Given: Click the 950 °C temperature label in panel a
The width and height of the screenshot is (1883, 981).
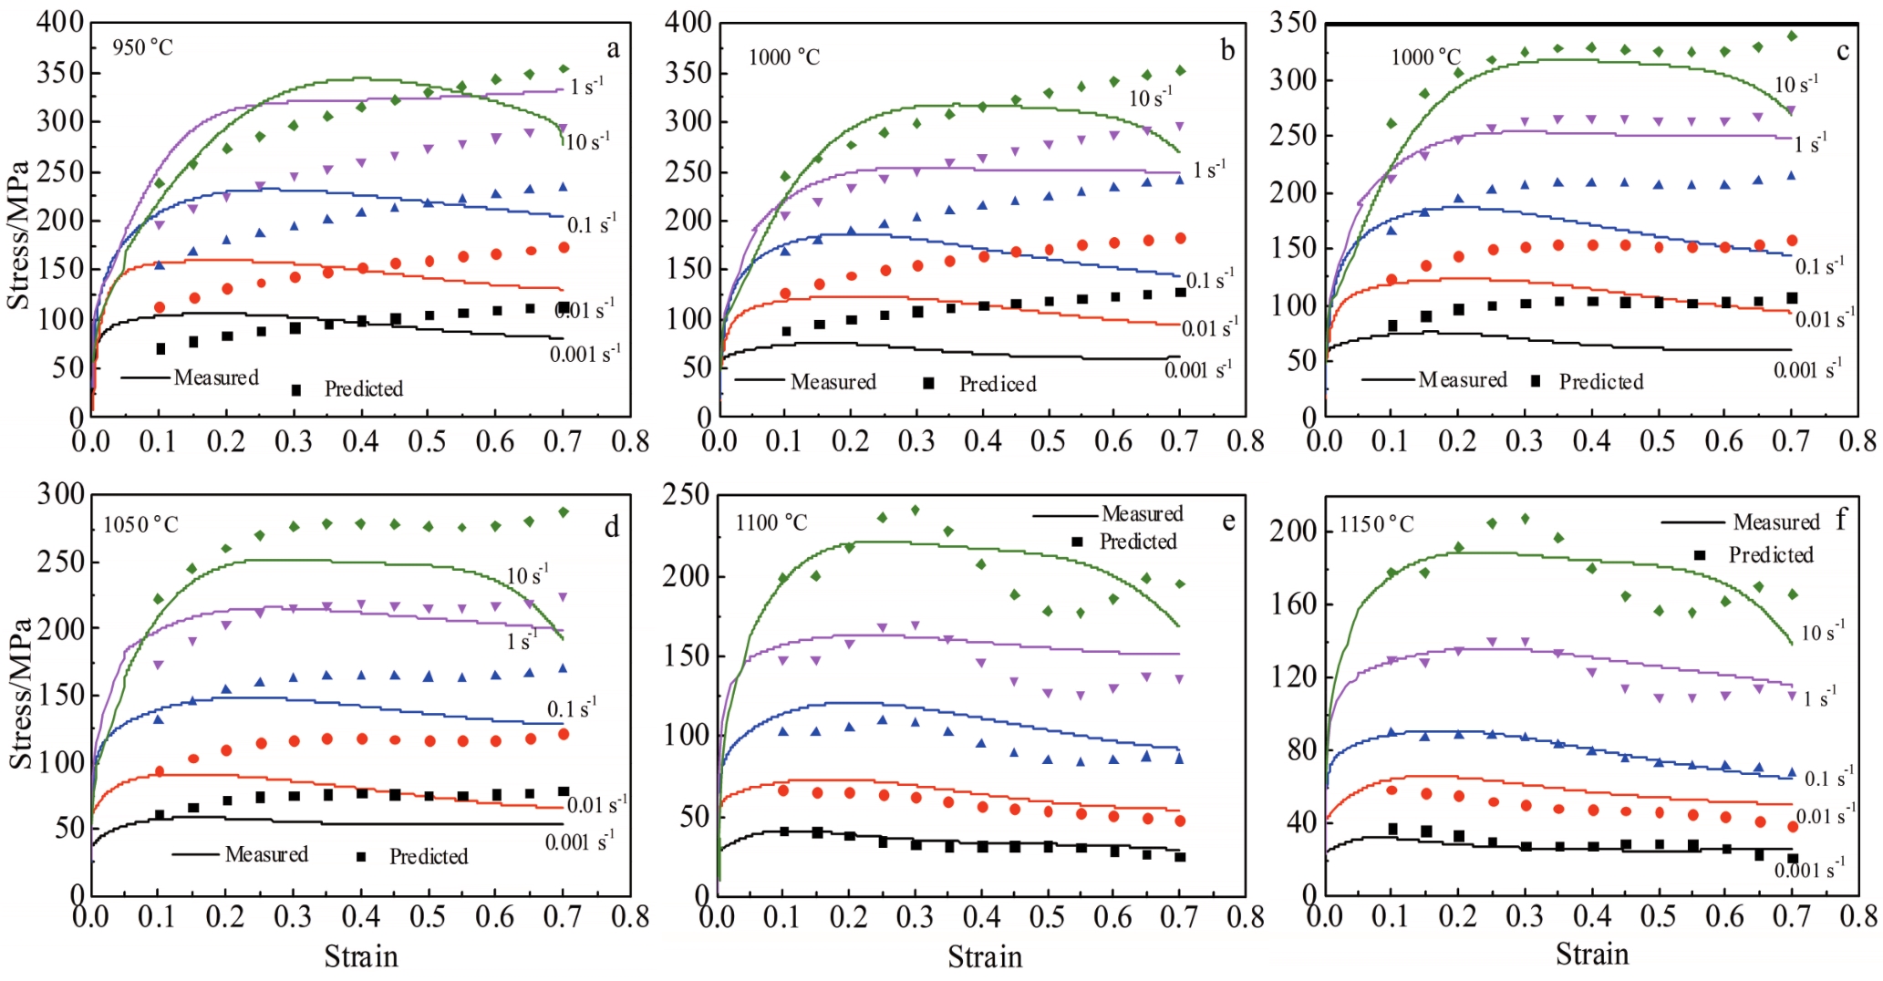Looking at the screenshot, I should [x=142, y=47].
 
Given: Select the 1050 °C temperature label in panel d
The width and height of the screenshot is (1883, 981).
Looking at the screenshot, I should [x=140, y=524].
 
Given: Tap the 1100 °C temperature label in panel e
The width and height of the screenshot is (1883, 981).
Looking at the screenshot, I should [x=771, y=523].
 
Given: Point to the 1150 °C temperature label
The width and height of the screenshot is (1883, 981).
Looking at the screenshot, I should [x=1376, y=524].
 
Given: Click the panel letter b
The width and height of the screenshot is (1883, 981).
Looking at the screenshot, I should [x=1227, y=50].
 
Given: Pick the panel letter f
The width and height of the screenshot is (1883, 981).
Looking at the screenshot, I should [x=1841, y=520].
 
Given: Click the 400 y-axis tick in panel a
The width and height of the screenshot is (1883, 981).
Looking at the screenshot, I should [x=60, y=23].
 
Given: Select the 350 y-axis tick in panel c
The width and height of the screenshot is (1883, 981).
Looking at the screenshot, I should [x=1293, y=23].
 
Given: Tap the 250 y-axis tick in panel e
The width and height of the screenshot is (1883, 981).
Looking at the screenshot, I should [x=687, y=495].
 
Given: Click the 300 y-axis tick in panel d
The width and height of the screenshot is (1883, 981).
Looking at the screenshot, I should [x=60, y=495].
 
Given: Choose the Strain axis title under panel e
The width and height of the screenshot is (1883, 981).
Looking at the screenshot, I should [x=985, y=957].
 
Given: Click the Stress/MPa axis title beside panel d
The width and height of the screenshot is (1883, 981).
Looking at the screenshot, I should [x=20, y=693].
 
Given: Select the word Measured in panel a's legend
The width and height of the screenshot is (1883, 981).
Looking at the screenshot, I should [x=216, y=377].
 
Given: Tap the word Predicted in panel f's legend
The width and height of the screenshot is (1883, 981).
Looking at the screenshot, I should [x=1771, y=555].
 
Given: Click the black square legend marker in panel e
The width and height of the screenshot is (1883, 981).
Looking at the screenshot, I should [x=1077, y=542].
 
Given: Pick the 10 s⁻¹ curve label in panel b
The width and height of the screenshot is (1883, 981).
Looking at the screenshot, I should [x=1151, y=97].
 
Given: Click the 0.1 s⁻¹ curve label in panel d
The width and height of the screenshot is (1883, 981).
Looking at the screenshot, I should [x=572, y=708].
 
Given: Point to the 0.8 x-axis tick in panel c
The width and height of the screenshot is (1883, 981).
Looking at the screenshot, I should [x=1857, y=441].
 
